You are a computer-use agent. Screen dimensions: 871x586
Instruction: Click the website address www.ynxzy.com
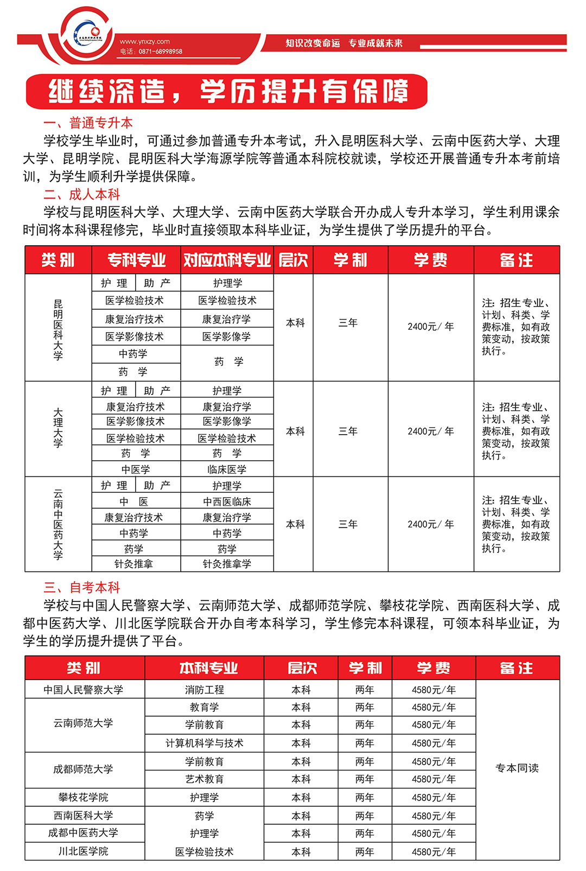point(144,41)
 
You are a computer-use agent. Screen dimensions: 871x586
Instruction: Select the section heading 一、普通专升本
point(88,123)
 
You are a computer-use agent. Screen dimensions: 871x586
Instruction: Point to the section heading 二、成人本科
point(82,194)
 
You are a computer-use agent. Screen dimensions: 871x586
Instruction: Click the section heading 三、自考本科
point(82,587)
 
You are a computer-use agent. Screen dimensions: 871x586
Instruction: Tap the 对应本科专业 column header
point(227,260)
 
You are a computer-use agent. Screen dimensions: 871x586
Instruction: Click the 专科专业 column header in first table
point(136,260)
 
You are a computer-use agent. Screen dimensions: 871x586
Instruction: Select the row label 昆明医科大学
point(58,329)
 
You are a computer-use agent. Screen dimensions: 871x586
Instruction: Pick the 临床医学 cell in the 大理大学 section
point(227,469)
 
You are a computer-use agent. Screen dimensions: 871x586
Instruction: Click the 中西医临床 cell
point(227,502)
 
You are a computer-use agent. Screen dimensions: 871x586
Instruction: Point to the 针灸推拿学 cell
point(227,564)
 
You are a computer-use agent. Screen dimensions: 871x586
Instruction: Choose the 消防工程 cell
point(204,690)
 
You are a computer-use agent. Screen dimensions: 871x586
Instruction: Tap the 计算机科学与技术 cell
point(204,743)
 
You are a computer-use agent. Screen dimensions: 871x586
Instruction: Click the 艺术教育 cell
point(204,779)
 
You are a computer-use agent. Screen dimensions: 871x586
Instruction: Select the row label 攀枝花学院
point(84,797)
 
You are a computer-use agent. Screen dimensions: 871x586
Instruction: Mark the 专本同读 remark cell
point(517,768)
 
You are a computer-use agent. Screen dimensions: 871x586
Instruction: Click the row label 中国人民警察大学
point(84,690)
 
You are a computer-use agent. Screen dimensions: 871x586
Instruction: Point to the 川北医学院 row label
point(84,851)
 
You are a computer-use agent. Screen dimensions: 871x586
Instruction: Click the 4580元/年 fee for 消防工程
point(434,690)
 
